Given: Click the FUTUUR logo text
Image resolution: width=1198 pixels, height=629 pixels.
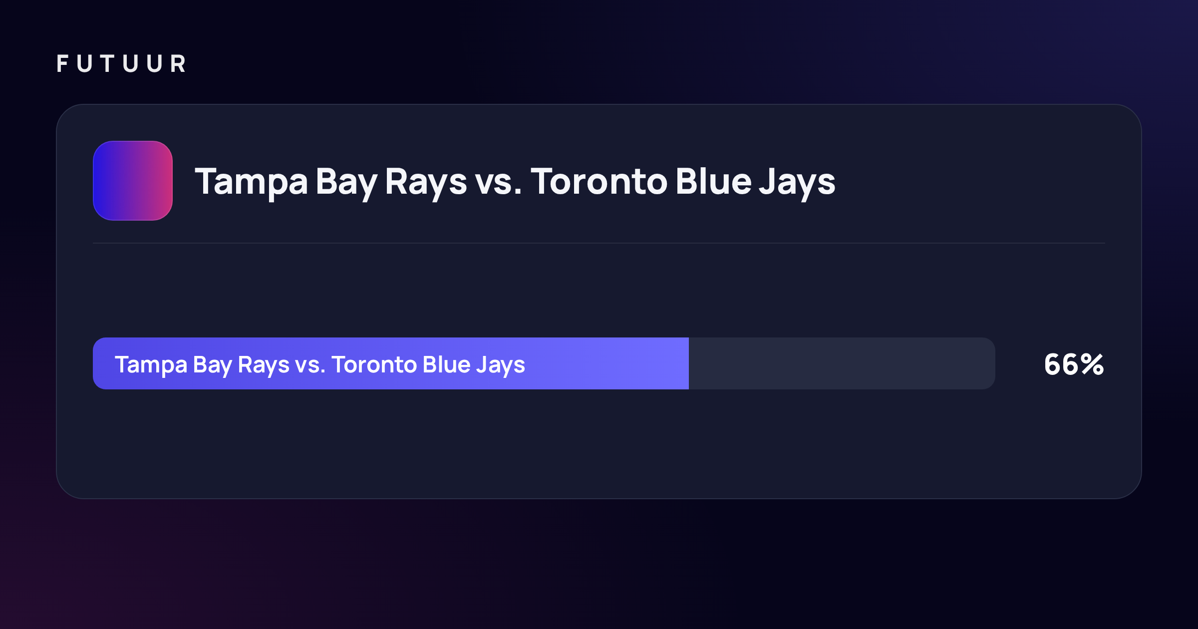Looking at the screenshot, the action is click(121, 64).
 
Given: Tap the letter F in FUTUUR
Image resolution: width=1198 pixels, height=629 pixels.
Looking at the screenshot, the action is click(62, 64).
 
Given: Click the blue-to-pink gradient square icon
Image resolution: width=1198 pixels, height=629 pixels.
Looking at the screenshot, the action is click(133, 181).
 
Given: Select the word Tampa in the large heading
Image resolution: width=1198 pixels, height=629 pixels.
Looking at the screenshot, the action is click(252, 183).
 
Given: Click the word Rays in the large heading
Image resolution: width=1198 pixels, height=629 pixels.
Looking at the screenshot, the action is click(426, 183).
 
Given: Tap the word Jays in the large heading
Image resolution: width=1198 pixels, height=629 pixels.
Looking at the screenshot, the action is click(797, 183).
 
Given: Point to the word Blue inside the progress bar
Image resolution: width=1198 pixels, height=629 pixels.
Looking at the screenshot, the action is click(446, 364).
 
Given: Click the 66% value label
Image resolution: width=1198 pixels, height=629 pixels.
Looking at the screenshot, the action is click(1074, 364).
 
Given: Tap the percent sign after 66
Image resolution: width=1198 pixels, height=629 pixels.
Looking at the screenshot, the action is click(1092, 364).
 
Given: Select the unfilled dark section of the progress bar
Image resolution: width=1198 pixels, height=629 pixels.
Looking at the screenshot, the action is click(842, 363).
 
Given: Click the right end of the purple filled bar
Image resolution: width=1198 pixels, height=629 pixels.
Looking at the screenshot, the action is click(688, 363).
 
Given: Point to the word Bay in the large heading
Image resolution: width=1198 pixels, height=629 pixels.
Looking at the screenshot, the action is click(346, 183).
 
